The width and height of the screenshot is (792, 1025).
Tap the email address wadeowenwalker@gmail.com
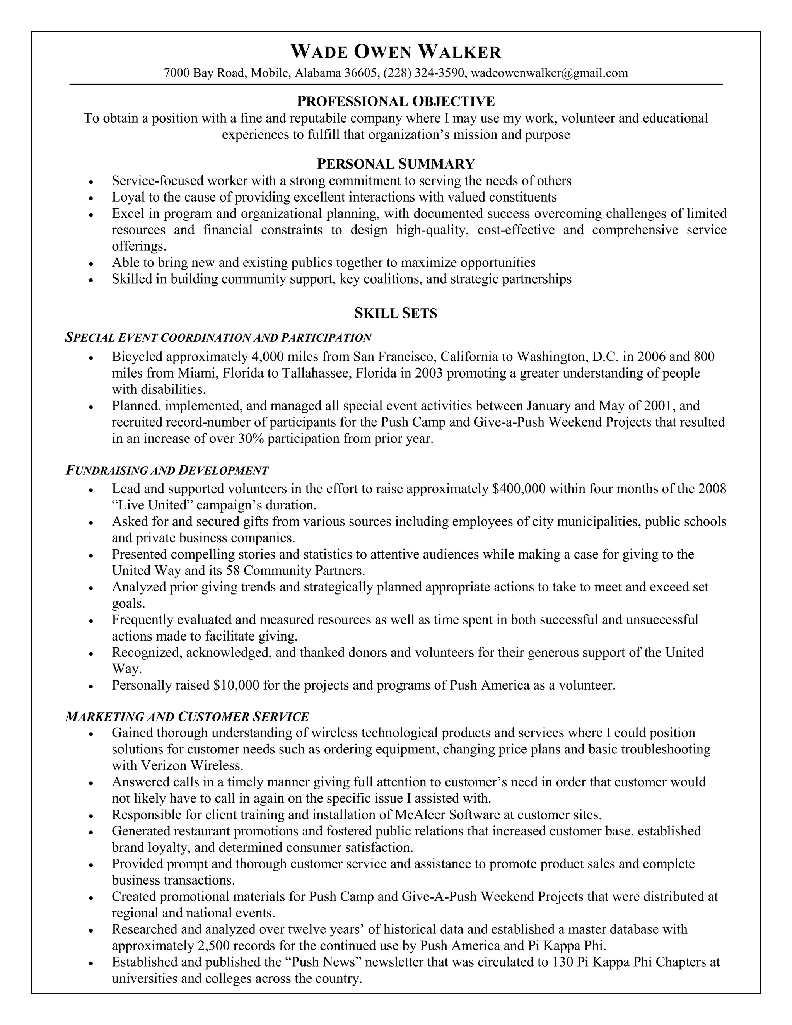(549, 73)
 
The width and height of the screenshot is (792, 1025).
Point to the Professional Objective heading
(396, 101)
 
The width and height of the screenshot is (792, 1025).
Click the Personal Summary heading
(396, 164)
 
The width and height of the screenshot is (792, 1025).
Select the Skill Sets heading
(396, 313)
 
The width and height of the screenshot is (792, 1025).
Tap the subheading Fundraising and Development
(167, 470)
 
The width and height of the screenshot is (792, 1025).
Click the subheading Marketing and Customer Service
(187, 717)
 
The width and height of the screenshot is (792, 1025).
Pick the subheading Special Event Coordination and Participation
(218, 337)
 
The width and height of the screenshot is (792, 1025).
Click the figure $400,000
(519, 489)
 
